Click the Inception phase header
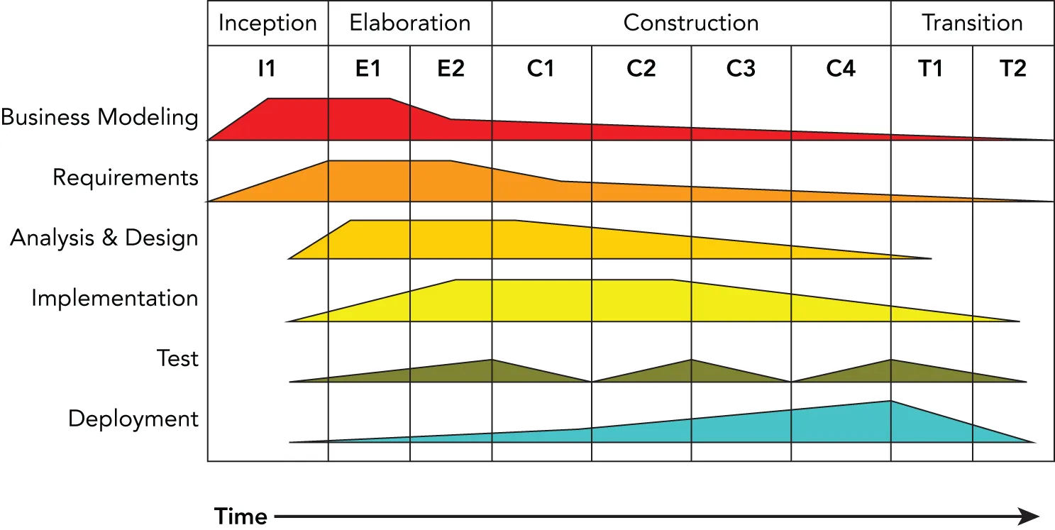point(267,23)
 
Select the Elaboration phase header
point(409,23)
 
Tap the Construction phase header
point(691,23)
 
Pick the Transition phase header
point(972,23)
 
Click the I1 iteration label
point(267,69)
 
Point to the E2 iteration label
point(451,69)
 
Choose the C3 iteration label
point(741,69)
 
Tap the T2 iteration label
point(1012,69)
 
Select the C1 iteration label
point(541,69)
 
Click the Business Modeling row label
point(99,117)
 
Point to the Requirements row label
point(126,177)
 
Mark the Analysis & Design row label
point(104,238)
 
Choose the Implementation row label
point(114,298)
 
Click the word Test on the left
point(177,358)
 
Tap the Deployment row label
point(133,419)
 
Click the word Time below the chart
point(241,516)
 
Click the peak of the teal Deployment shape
point(890,403)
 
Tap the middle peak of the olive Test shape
point(691,362)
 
